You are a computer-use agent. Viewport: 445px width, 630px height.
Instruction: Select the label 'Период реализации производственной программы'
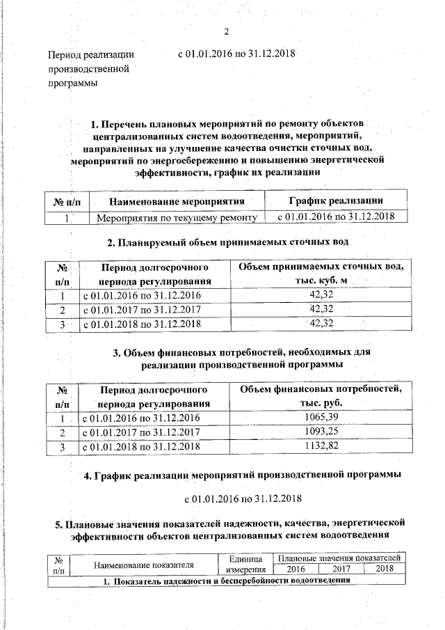[90, 69]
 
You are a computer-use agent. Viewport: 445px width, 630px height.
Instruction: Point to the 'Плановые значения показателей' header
[338, 558]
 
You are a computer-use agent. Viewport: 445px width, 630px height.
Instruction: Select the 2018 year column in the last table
[384, 569]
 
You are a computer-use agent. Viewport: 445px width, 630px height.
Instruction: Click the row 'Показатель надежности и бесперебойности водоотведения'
[227, 581]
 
